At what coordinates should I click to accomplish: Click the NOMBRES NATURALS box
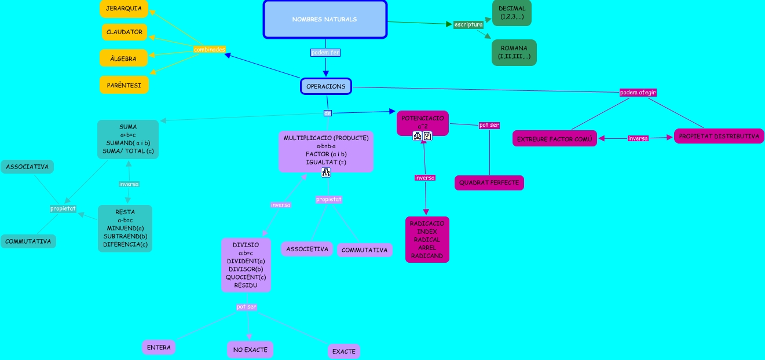pos(325,20)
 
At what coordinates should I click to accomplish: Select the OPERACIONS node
pos(326,86)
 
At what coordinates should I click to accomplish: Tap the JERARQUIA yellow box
pos(124,9)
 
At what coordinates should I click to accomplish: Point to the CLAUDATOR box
pos(125,32)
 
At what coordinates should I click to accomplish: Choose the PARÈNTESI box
pos(124,85)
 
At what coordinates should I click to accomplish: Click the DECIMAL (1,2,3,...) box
pos(512,13)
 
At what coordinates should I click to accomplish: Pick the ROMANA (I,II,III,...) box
pos(514,52)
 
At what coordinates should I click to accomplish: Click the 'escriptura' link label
pos(468,24)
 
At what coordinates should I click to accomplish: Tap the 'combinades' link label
pos(209,49)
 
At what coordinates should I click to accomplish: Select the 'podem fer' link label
pos(325,53)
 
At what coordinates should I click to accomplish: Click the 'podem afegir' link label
pos(638,93)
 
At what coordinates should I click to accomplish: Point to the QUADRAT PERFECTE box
pos(489,183)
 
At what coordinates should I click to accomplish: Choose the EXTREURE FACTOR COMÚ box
pos(555,139)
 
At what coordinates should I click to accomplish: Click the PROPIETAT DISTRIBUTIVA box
pos(719,136)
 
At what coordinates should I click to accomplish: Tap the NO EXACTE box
pos(250,350)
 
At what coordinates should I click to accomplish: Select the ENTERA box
pos(159,347)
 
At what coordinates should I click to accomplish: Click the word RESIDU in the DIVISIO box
pos(246,285)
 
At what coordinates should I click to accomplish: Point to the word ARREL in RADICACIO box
pos(427,248)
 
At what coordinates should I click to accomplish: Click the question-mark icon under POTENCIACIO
pos(427,136)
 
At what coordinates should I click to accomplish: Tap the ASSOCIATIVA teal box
pos(27,167)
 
